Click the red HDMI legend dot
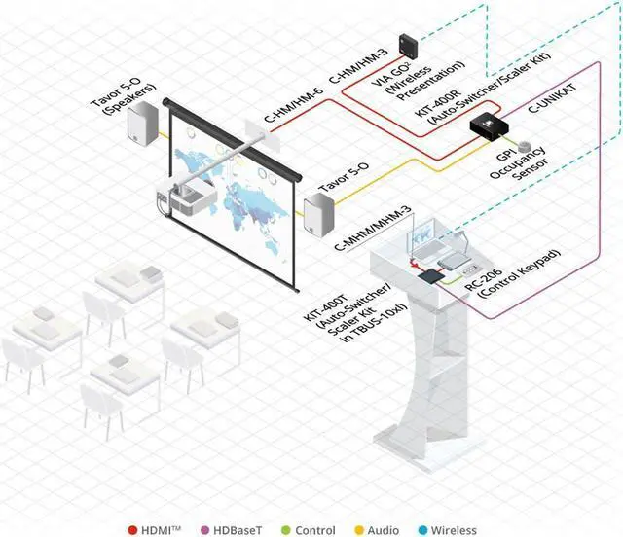coord(131,530)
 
